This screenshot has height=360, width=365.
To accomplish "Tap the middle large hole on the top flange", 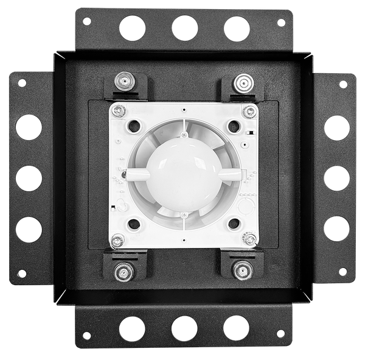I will tap(184, 28).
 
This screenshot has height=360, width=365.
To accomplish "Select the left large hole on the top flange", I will tap(133, 28).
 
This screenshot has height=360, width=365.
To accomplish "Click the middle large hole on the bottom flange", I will tap(184, 328).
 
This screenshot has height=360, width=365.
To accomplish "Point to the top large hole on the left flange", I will tap(29, 127).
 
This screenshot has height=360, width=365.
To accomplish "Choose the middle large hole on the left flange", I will tap(29, 178).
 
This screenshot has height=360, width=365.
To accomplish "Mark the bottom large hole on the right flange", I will tap(336, 228).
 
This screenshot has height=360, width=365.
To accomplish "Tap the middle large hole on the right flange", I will tap(336, 178).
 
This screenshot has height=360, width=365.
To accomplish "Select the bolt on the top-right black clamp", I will tap(243, 82).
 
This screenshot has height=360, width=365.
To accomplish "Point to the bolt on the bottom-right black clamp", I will tap(243, 270).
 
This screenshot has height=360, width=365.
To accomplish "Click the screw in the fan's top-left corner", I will tap(120, 110).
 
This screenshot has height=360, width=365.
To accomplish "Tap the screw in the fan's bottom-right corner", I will tap(249, 239).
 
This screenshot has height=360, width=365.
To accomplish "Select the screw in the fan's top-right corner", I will tap(249, 111).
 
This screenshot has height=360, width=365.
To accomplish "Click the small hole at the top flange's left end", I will tap(87, 21).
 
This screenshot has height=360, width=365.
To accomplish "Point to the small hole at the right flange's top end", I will tap(343, 83).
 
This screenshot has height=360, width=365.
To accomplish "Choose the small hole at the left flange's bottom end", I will tap(22, 274).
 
